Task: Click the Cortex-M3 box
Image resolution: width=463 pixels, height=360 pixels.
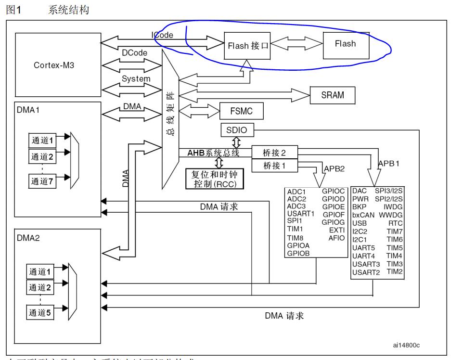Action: pos(53,65)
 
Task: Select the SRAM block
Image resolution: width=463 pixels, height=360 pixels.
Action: pos(333,95)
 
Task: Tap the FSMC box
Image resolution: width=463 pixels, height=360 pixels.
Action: pos(242,112)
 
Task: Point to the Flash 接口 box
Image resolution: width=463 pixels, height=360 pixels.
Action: pos(247,47)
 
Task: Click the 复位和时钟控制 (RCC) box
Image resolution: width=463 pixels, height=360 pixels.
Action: pos(215,179)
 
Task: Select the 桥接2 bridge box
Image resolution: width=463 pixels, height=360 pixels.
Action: pos(274,152)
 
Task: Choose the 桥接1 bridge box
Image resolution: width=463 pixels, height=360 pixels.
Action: pos(274,166)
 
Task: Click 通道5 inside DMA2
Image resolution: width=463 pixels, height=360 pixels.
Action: pos(41,311)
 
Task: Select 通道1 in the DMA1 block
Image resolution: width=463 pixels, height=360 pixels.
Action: pos(41,140)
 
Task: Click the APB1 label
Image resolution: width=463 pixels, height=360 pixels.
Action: pos(389,163)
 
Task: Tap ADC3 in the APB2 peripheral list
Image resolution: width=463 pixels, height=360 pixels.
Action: pos(296,206)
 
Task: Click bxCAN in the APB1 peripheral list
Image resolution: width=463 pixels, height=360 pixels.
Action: pos(363,214)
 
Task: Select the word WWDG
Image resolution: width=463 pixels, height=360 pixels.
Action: pos(391,214)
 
